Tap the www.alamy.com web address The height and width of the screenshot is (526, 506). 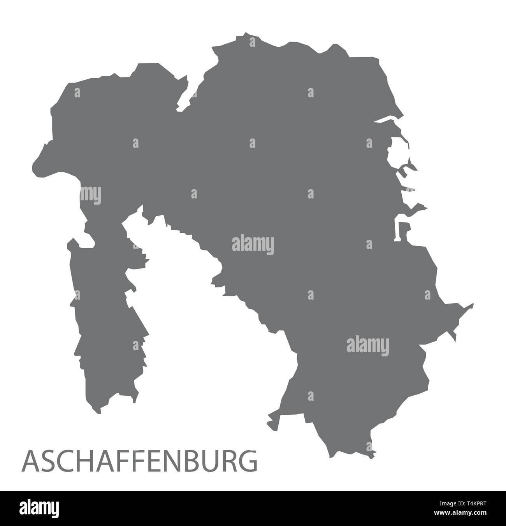pyautogui.click(x=463, y=513)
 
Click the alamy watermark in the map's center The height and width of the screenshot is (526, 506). pyautogui.click(x=253, y=245)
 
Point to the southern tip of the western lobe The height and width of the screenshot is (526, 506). pyautogui.click(x=98, y=412)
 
